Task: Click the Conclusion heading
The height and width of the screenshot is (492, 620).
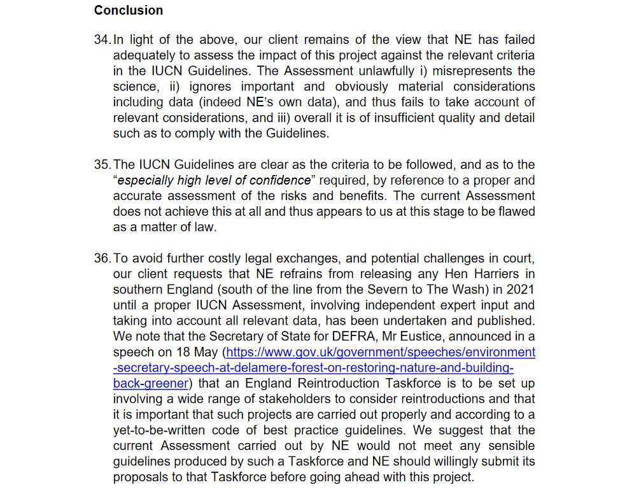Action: click(129, 10)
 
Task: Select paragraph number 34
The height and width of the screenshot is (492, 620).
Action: click(102, 40)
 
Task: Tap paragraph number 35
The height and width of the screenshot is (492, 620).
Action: click(102, 165)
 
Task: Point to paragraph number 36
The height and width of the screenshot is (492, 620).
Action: click(102, 258)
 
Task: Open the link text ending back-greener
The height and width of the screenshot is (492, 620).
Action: click(151, 383)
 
